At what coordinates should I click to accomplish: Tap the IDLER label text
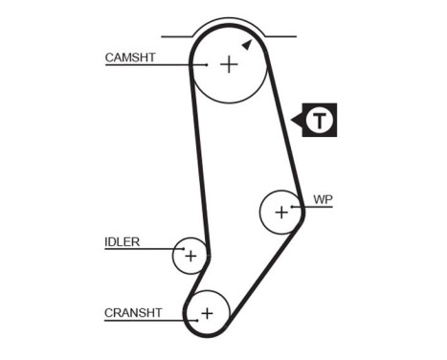point(121,241)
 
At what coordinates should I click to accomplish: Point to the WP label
point(323,199)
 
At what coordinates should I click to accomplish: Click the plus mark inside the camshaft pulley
point(229,64)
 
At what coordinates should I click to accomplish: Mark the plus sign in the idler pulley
point(190,256)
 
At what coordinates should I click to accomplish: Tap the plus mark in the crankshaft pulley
point(207,312)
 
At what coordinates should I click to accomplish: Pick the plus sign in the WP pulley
point(280,212)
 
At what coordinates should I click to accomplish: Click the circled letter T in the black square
point(323,120)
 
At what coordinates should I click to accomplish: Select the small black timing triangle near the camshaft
point(247,44)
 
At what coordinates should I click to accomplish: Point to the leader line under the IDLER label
point(140,249)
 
